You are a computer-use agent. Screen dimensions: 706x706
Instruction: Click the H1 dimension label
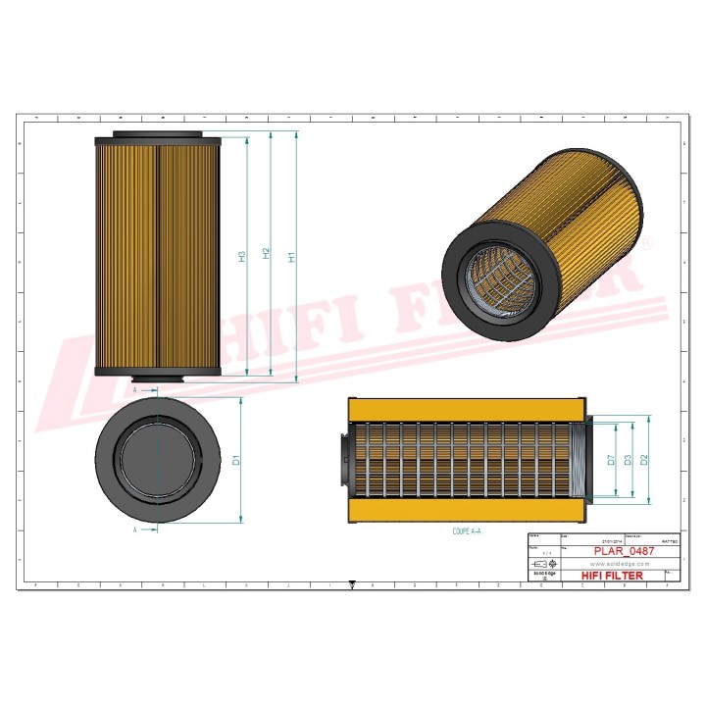[x=291, y=257]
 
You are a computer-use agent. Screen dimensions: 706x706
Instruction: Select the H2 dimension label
[x=266, y=254]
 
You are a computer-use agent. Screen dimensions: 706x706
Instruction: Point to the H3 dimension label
[x=241, y=257]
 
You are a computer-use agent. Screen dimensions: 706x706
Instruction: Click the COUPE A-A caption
[x=468, y=529]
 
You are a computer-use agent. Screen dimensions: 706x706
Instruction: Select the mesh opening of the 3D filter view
[x=490, y=278]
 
